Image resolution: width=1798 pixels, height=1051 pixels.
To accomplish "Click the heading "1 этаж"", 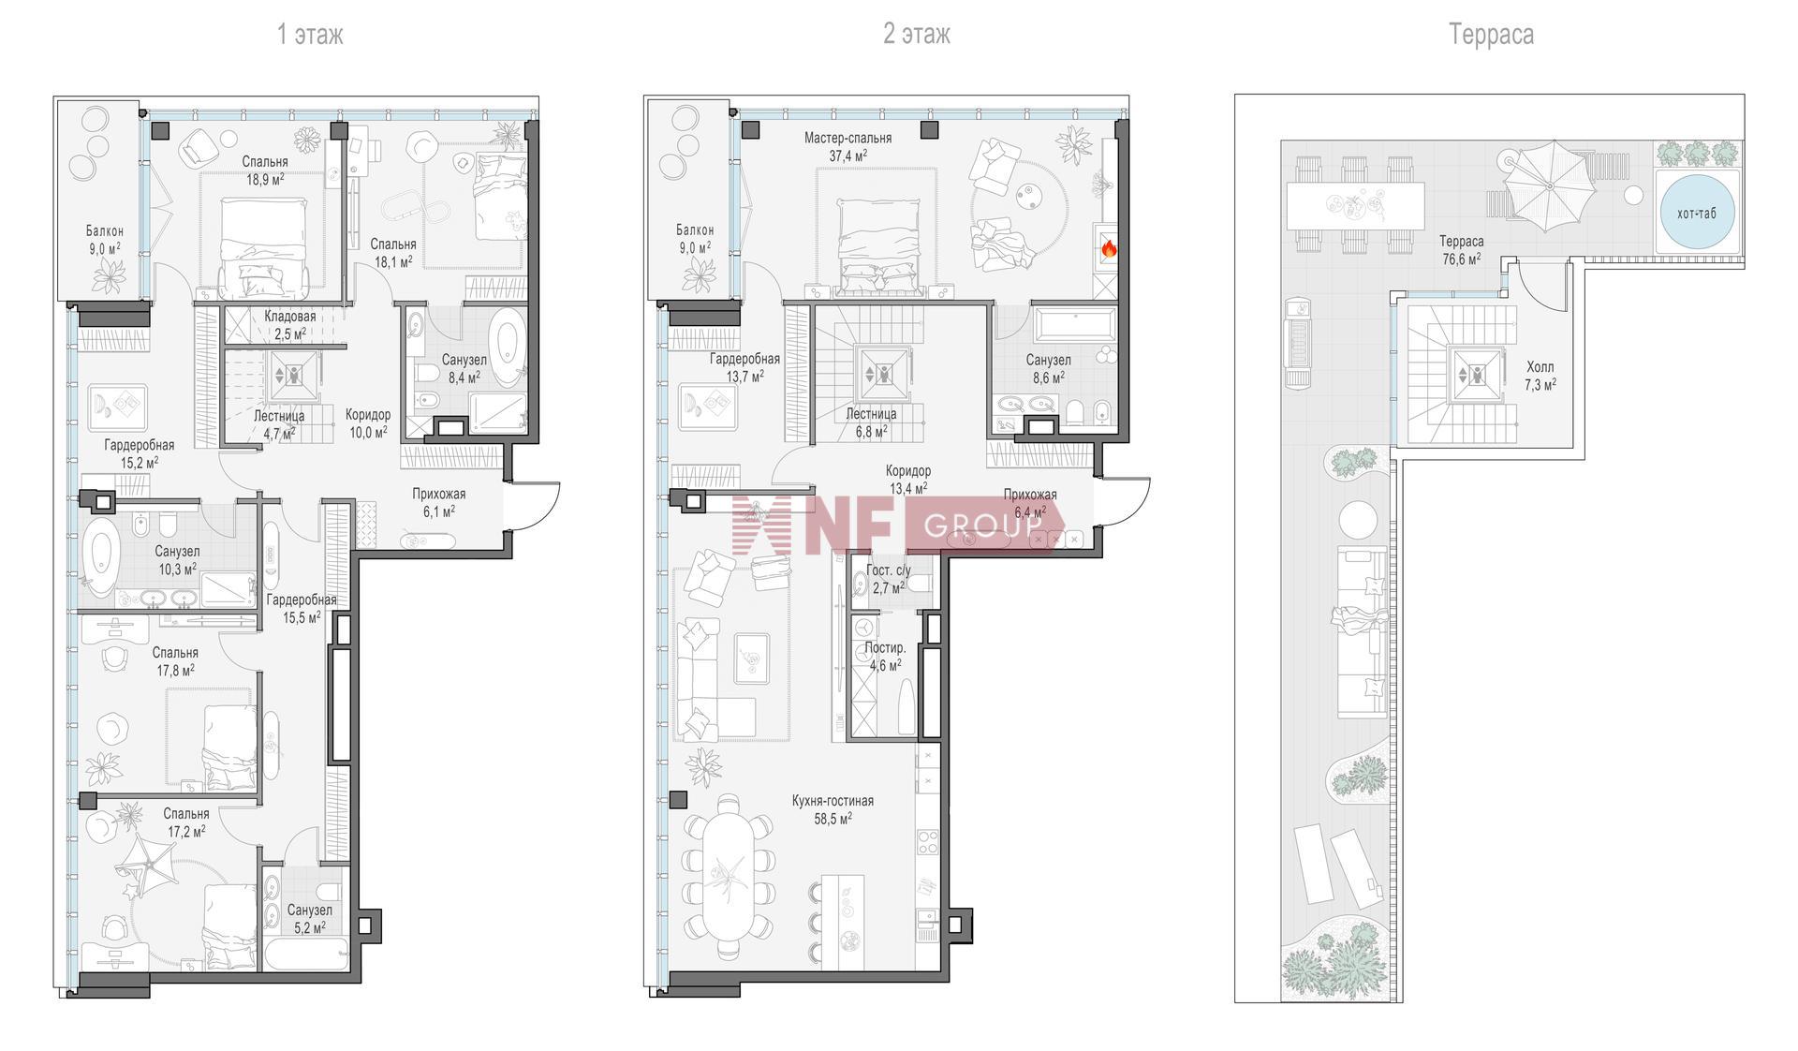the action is coord(310,35).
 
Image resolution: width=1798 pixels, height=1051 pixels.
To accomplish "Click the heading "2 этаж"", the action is coord(916,35).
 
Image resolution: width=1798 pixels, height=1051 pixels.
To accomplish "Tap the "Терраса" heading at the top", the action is coord(1491,35).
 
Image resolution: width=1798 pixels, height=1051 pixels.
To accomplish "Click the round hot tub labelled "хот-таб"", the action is coord(1697,213).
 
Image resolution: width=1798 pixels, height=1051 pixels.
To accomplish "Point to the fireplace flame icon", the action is coord(1108,248).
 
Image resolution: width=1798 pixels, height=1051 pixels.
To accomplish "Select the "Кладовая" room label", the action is coord(289,317).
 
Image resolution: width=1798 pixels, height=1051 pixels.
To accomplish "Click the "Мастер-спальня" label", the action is coord(847,139).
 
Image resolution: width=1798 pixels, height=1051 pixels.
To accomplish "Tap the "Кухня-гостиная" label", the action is coord(833,801).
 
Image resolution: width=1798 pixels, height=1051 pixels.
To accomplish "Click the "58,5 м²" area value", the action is coord(833,818).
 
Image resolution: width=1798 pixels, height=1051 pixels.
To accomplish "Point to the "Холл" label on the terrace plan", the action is coord(1540,367).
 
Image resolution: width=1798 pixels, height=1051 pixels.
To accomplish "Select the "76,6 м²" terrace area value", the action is coord(1462,259).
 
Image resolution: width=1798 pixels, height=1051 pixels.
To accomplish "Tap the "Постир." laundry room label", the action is coord(885,648).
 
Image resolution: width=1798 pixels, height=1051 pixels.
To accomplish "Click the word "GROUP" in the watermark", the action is coord(982,525).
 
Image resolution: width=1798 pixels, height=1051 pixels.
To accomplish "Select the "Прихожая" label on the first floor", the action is coord(438,495).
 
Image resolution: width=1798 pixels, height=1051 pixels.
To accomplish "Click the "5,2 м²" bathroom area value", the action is coord(309,927).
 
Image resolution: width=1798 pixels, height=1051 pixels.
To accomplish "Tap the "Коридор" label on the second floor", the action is coord(908,471).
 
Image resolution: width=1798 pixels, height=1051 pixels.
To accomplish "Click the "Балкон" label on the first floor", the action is coord(105,231).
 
